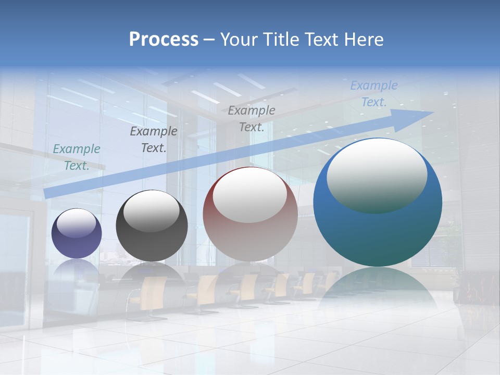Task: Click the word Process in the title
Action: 164,40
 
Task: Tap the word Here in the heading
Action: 364,40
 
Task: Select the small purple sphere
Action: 77,233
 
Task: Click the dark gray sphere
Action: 152,226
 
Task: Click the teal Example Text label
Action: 77,157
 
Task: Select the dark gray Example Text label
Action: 154,140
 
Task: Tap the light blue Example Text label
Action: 374,94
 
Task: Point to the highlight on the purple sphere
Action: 77,223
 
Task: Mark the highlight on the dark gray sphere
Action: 151,211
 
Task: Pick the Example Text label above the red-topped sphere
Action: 252,119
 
